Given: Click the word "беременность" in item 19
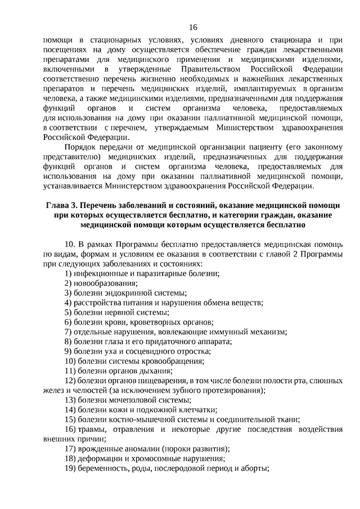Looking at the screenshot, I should [x=103, y=468].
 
